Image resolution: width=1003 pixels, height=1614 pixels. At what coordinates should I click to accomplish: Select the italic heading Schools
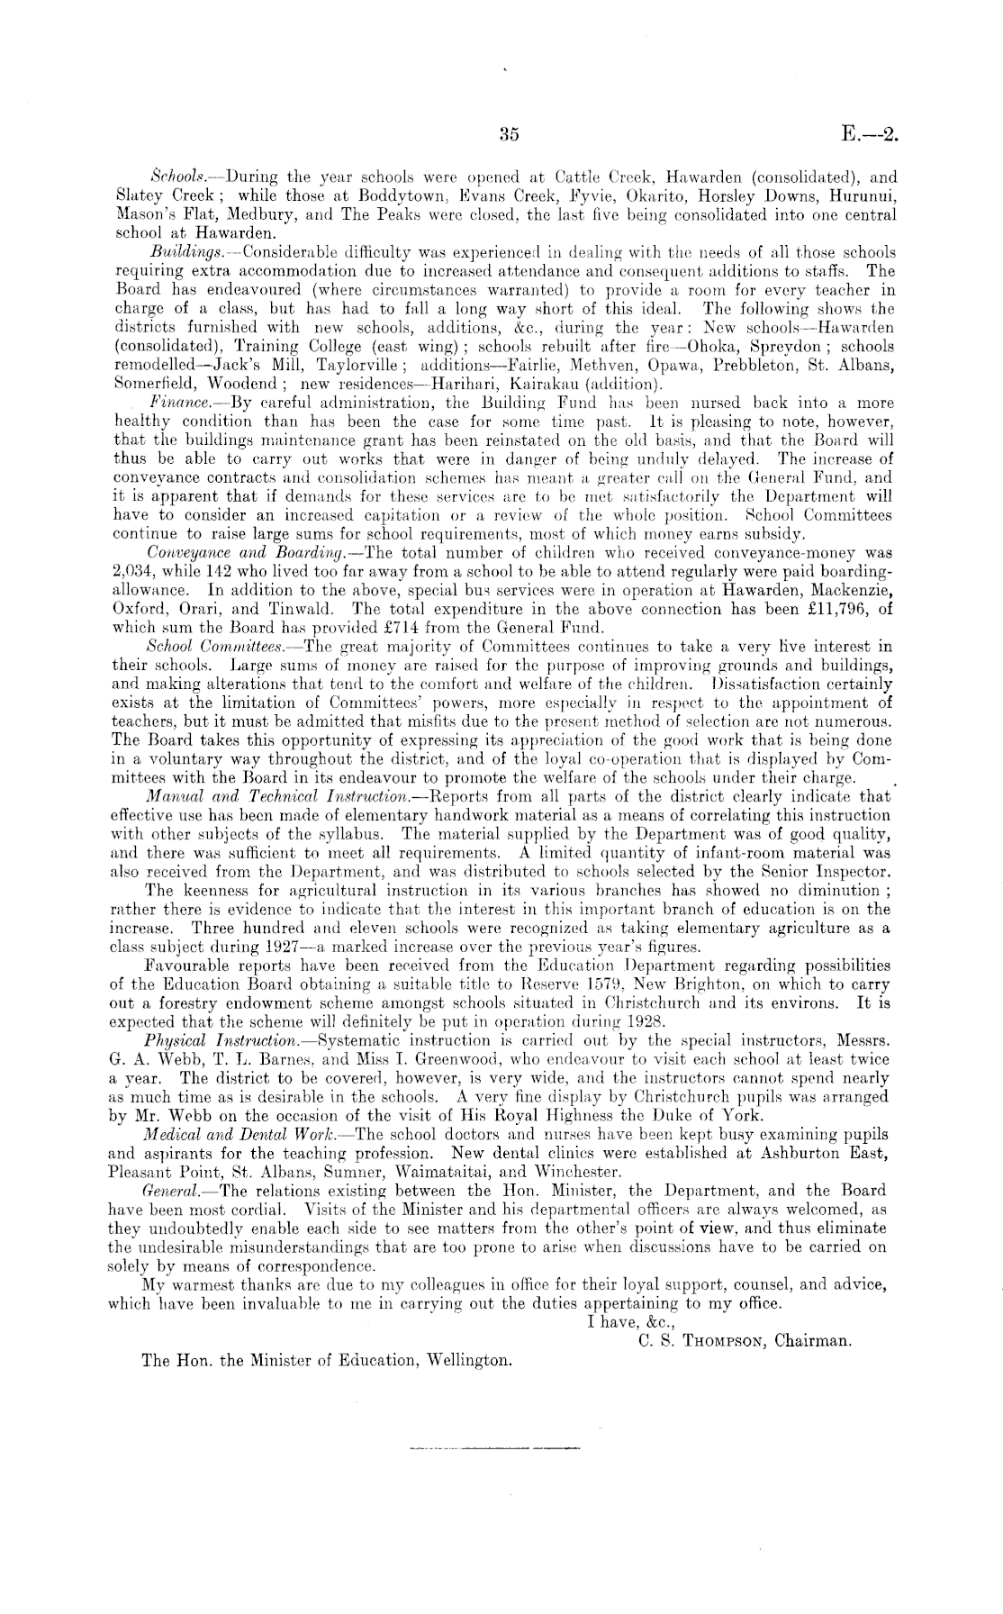coord(176,178)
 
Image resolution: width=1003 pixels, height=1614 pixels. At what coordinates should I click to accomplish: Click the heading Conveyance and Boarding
coord(233,551)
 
